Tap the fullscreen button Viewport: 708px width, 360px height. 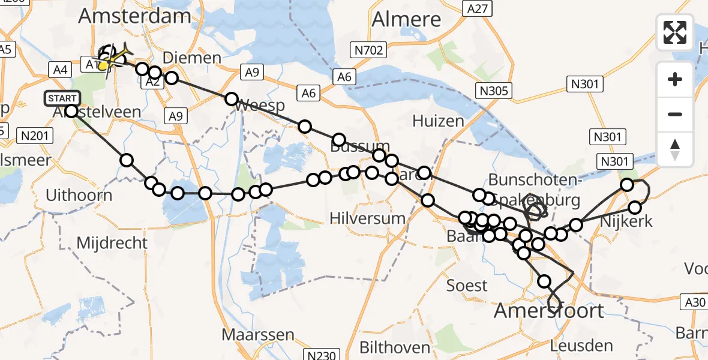[675, 32]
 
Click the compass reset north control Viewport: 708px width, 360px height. [675, 149]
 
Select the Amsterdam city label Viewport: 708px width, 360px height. [134, 16]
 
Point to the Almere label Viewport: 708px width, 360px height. [406, 19]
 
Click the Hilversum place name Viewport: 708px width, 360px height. [368, 218]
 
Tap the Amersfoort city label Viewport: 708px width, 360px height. [549, 311]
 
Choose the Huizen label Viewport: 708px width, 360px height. [438, 121]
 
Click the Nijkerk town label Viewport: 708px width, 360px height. [626, 221]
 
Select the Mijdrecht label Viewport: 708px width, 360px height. [112, 243]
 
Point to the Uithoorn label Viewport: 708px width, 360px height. [79, 195]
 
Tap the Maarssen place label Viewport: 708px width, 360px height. [258, 335]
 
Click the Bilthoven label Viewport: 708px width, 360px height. [395, 347]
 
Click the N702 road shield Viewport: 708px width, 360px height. [368, 50]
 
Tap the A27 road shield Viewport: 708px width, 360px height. [478, 8]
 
